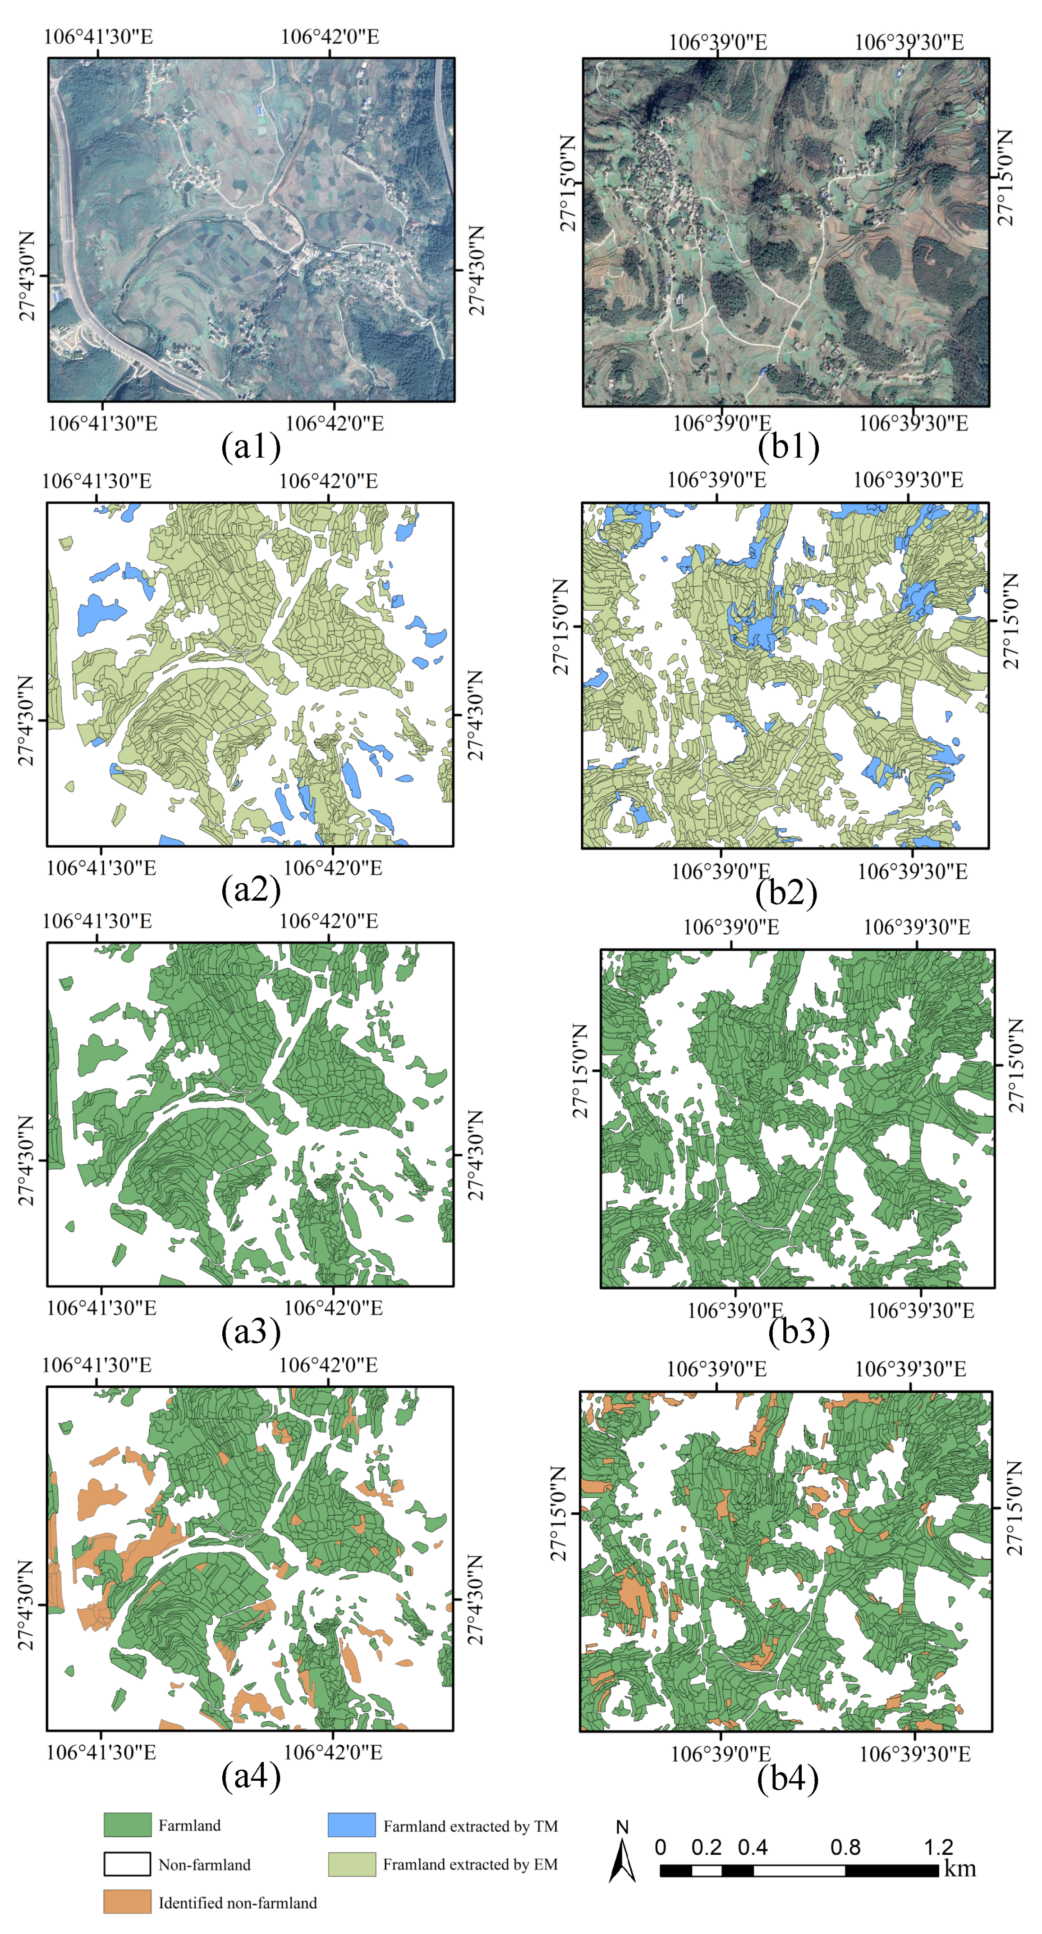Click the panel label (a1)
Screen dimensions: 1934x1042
pyautogui.click(x=251, y=447)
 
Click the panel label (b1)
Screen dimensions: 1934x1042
pyautogui.click(x=788, y=447)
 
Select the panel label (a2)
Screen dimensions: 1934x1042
pyautogui.click(x=251, y=889)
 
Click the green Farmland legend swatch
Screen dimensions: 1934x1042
pyautogui.click(x=127, y=1825)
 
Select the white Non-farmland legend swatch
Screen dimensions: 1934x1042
pyautogui.click(x=127, y=1863)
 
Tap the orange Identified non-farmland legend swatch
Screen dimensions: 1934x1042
pyautogui.click(x=127, y=1902)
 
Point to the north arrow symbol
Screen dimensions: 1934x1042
pyautogui.click(x=622, y=1856)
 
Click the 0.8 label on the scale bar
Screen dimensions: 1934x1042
pyautogui.click(x=845, y=1847)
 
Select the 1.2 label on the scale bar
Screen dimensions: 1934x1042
pyautogui.click(x=938, y=1847)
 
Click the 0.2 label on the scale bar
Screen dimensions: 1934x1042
pyautogui.click(x=706, y=1847)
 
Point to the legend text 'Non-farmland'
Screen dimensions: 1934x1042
pyautogui.click(x=204, y=1864)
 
